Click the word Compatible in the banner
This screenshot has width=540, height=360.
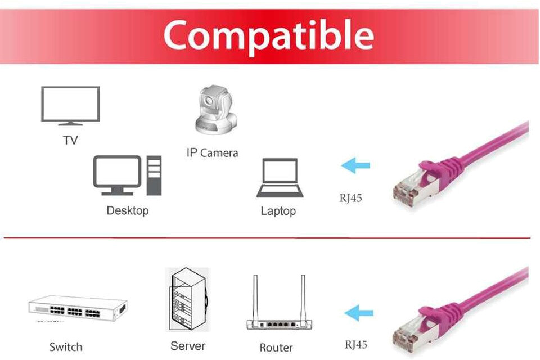pos(269,35)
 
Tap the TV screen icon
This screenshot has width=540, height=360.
pos(70,105)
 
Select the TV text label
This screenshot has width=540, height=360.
pos(70,140)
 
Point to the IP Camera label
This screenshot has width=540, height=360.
pos(212,152)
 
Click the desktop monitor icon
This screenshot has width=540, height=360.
pos(117,174)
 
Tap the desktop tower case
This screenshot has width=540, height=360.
pos(154,175)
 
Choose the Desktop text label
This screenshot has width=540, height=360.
pos(128,211)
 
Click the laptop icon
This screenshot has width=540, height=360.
pos(280,178)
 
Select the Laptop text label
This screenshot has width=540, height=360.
pos(278,211)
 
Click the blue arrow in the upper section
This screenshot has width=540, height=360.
pos(355,166)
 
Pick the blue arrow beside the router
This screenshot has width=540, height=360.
pos(358,313)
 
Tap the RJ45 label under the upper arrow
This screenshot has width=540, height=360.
pos(350,198)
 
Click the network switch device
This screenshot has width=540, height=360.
pos(77,308)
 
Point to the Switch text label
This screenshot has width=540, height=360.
pos(66,347)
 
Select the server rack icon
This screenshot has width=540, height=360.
pos(187,300)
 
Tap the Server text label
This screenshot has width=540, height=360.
pos(188,345)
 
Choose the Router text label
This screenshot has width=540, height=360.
pos(276,348)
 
